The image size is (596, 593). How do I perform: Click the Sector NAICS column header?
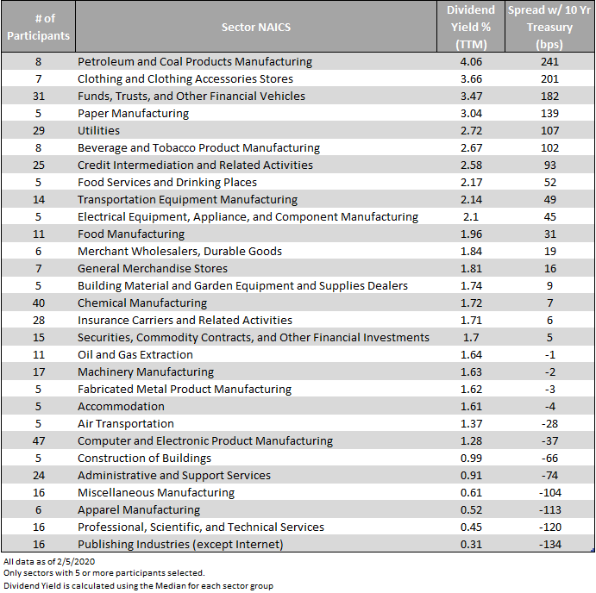tap(256, 27)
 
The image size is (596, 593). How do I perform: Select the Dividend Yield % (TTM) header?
tap(471, 27)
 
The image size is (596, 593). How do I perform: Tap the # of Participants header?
tap(39, 27)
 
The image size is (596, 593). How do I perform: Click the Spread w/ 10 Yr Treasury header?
tap(549, 27)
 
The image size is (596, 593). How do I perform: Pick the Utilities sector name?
tap(98, 130)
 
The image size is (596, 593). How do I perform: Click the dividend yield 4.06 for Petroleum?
tap(471, 61)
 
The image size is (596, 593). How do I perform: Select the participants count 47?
tap(39, 440)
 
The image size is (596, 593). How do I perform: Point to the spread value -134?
tap(549, 544)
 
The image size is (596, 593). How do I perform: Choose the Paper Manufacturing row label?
tap(133, 113)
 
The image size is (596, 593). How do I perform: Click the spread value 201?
tap(549, 78)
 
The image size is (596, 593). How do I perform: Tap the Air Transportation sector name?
tap(125, 423)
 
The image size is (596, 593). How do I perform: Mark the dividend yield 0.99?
tap(471, 459)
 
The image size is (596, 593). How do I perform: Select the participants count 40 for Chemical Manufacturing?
tap(39, 303)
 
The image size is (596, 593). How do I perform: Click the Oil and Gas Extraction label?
tap(135, 354)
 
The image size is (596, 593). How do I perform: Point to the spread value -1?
tap(549, 354)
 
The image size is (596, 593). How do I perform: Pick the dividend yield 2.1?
tap(471, 216)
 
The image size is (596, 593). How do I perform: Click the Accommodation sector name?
tap(121, 407)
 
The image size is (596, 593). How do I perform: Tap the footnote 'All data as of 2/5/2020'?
tap(49, 561)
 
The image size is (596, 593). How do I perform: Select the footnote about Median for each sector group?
tap(138, 586)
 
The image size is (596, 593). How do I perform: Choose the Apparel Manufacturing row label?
tap(139, 509)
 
